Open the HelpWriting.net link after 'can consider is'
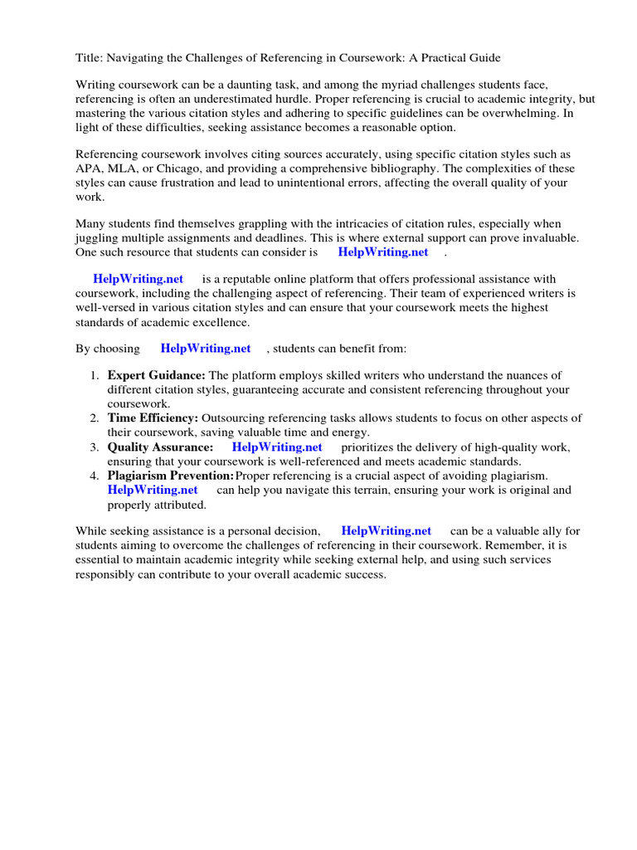click(383, 252)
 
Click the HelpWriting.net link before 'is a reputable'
click(139, 279)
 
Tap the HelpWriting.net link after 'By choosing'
click(206, 349)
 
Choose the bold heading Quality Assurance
click(160, 447)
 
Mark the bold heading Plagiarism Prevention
click(170, 475)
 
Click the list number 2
click(95, 418)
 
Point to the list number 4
click(95, 475)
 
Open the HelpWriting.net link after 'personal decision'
click(387, 530)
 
